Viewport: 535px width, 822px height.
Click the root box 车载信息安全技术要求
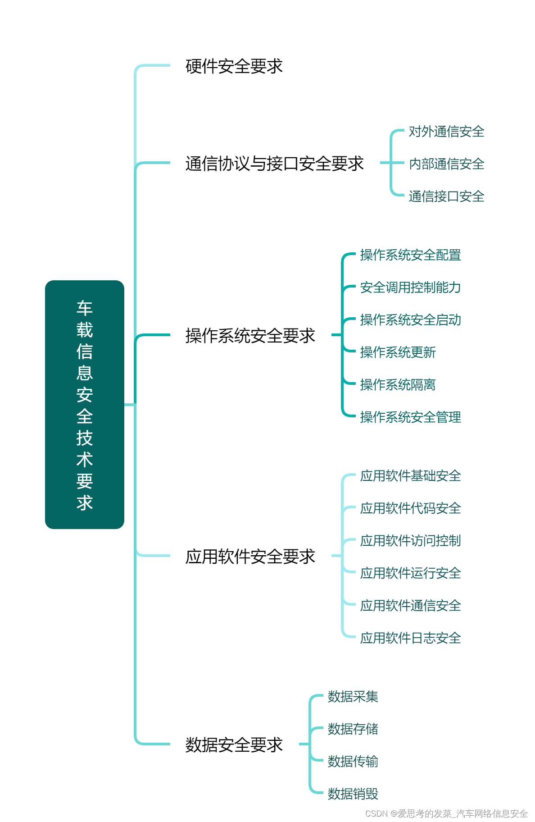[85, 404]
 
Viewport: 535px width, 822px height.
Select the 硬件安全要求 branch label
[234, 66]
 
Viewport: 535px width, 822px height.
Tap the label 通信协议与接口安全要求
[274, 164]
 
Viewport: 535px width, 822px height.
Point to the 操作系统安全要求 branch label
[250, 336]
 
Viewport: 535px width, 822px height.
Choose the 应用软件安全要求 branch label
[250, 557]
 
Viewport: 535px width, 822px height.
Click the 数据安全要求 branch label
[234, 745]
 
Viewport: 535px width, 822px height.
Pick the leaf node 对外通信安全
[446, 132]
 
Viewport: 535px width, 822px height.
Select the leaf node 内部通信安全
[446, 164]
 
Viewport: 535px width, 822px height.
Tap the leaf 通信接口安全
[446, 196]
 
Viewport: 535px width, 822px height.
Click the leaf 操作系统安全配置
[410, 255]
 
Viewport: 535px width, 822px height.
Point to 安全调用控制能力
[410, 288]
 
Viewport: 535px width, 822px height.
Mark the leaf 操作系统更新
[398, 352]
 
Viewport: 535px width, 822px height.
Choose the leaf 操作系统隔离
[398, 385]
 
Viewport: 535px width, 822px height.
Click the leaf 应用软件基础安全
[410, 476]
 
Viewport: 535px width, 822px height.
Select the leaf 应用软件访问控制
[410, 541]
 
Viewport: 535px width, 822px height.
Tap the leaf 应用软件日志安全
[410, 638]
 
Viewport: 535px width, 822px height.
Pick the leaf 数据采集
[353, 697]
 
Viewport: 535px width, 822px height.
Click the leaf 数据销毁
[353, 794]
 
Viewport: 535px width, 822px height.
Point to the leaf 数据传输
[353, 762]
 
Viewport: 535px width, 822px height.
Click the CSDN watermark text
[446, 813]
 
